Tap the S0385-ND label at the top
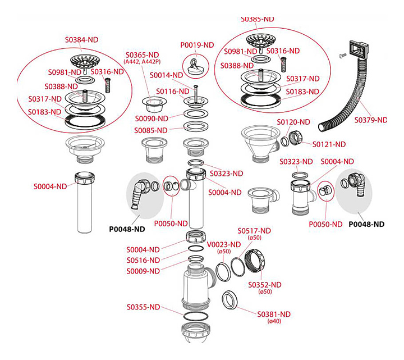258,19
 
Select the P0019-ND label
197,45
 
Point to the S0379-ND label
370,120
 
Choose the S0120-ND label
293,122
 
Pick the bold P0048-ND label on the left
126,229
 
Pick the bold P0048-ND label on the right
366,224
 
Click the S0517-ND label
254,231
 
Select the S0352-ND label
265,284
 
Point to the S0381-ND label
274,314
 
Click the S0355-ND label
143,307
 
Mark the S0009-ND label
143,271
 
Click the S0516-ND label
143,260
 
